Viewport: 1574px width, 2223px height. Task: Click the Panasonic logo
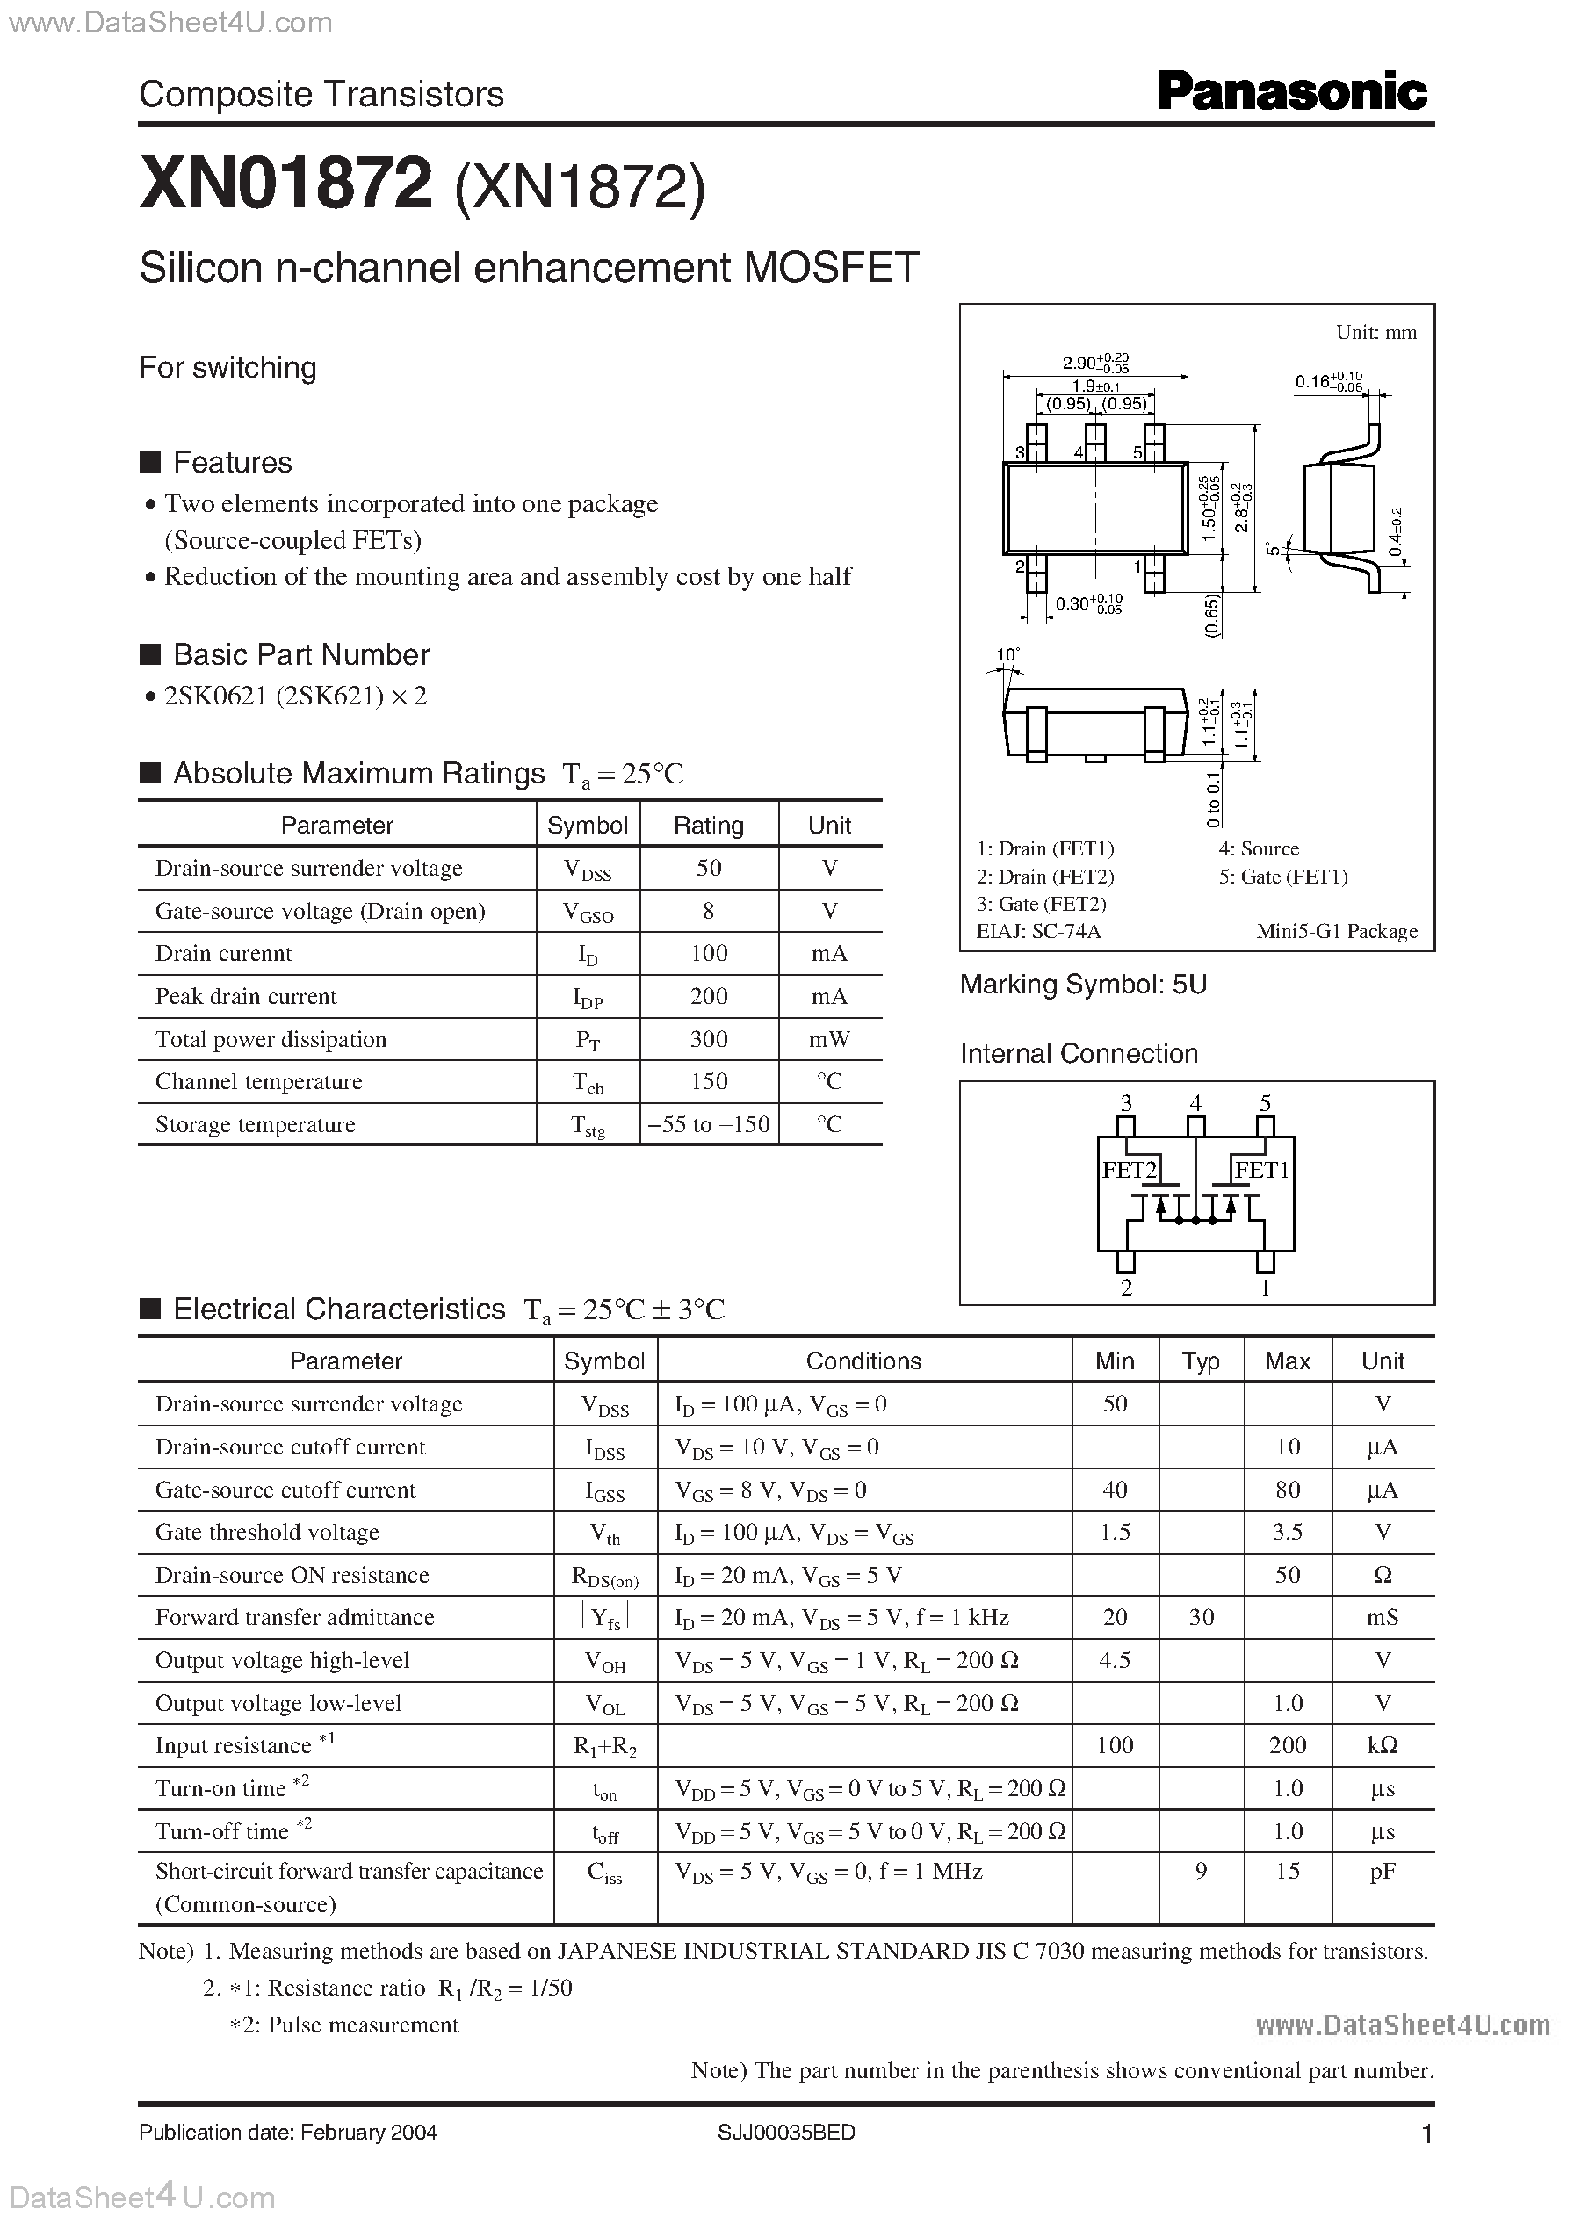point(1291,92)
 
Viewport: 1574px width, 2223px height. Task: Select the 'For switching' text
point(227,368)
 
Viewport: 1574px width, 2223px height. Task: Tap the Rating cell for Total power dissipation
point(709,1039)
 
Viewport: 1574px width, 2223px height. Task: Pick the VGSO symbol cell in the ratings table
point(588,912)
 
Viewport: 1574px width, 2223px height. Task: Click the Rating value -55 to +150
point(709,1124)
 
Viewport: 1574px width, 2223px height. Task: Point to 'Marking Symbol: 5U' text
point(1083,985)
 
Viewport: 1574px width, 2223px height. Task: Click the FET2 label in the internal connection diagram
point(1130,1170)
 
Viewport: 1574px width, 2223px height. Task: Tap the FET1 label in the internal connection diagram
point(1261,1170)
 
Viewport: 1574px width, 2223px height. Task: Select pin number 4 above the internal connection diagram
point(1196,1103)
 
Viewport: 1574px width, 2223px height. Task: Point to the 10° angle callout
point(1008,655)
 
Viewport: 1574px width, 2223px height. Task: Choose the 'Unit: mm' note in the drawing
point(1375,332)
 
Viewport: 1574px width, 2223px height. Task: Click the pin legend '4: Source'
point(1258,849)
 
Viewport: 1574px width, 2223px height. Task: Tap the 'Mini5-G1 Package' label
point(1337,931)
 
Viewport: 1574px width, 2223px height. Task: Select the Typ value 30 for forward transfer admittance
point(1201,1616)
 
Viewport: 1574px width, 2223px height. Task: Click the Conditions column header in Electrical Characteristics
point(863,1361)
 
